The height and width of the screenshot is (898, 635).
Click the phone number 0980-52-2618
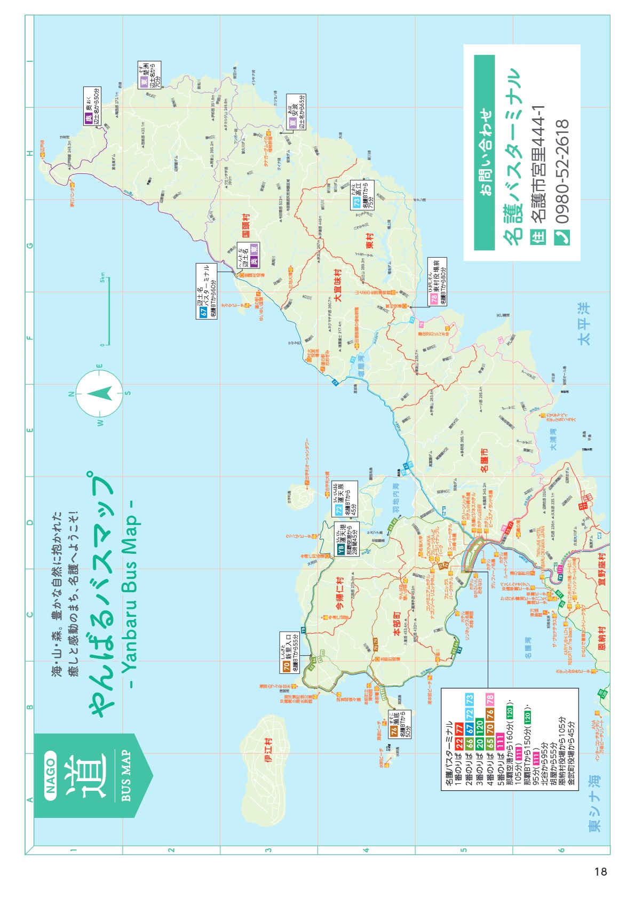tap(562, 172)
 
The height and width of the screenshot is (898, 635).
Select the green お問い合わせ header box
tap(485, 152)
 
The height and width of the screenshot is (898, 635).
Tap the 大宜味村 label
tap(338, 285)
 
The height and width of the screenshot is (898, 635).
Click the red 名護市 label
tap(484, 460)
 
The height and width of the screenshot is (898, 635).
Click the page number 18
tap(600, 871)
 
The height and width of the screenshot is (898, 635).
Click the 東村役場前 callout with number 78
tap(437, 282)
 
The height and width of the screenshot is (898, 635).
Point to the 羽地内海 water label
tap(395, 498)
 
